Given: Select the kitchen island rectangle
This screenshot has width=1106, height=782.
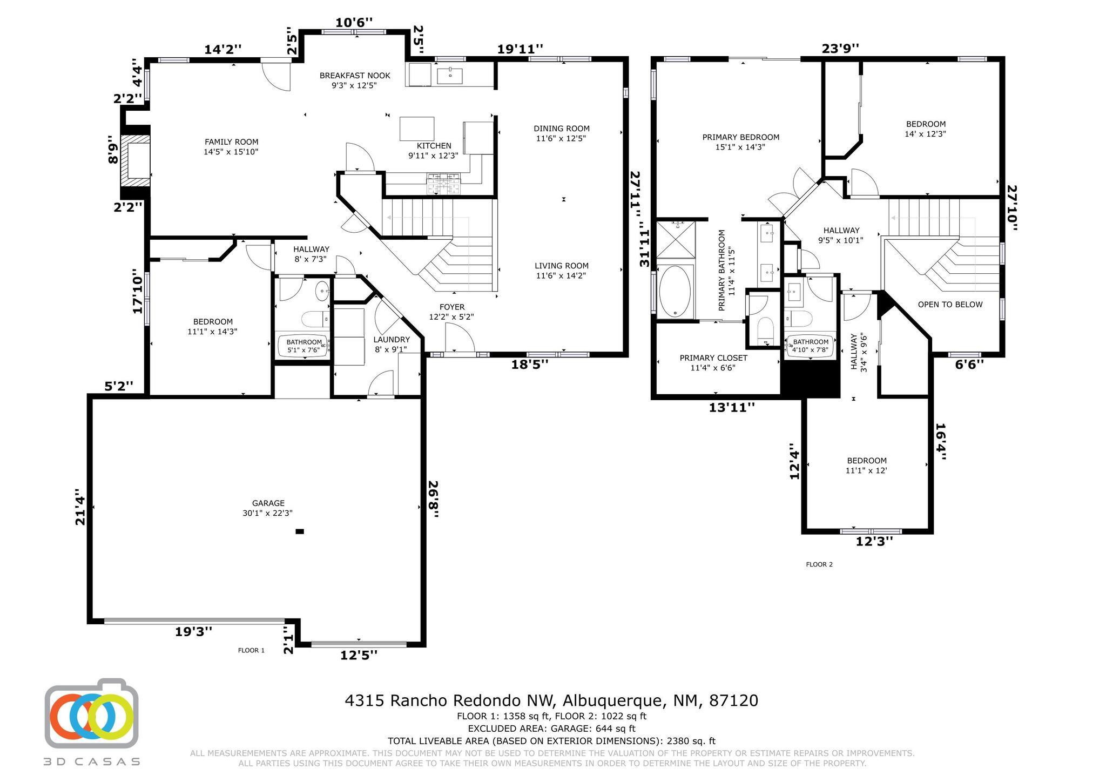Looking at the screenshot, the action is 417,129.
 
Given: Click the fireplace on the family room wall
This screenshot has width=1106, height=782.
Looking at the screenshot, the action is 135,160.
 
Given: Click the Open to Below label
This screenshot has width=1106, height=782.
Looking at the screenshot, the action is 950,305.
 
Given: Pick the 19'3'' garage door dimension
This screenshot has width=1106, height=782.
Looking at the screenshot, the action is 193,631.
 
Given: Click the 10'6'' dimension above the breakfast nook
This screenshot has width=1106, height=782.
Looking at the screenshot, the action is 354,23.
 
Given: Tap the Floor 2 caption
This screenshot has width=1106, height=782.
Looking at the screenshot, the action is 819,564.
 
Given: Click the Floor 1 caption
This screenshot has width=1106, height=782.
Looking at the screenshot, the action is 251,650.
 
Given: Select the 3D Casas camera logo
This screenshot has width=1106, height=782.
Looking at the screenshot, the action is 91,713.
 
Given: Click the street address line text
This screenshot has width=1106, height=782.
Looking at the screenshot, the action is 551,700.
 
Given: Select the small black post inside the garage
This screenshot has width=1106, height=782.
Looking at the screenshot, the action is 300,531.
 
